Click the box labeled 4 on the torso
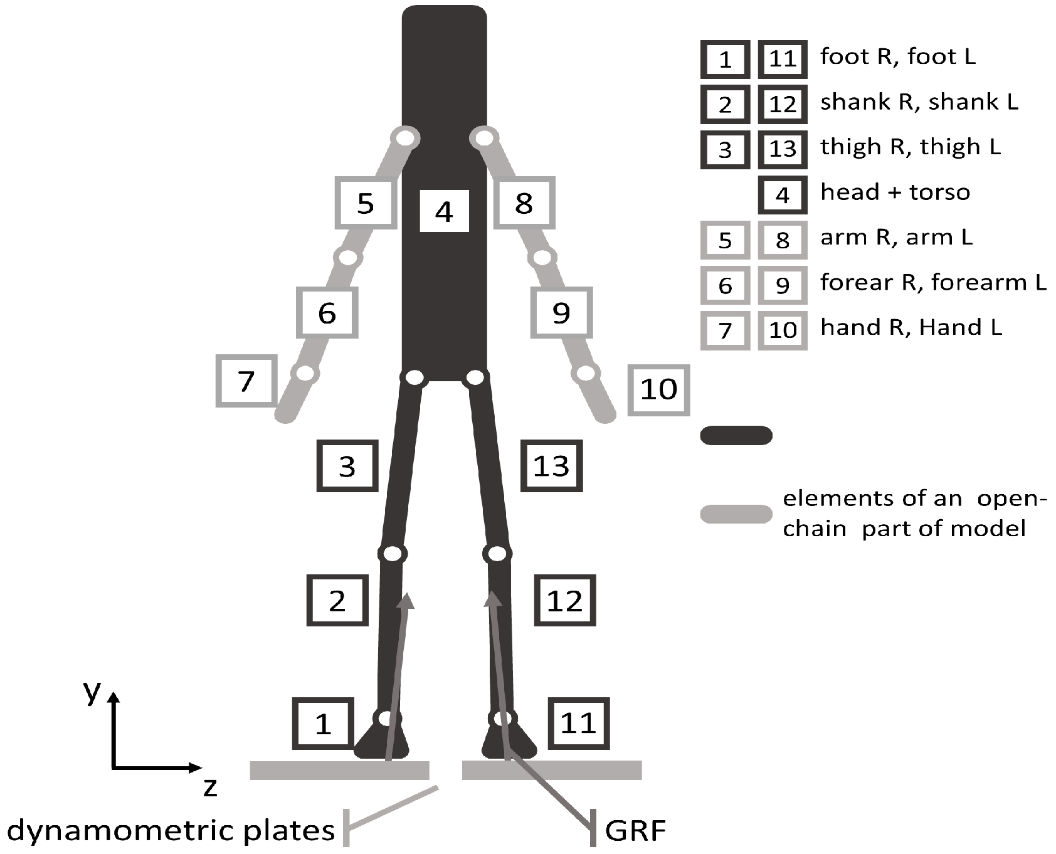click(444, 211)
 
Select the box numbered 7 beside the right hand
click(246, 381)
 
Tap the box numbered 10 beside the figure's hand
click(658, 389)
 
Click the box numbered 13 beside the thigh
click(551, 466)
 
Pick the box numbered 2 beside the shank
click(337, 601)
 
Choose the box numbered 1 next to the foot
click(323, 724)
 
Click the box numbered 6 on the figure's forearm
click(327, 312)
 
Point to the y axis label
click(92, 691)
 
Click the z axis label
click(210, 786)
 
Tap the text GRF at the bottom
click(635, 831)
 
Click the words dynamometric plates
click(171, 831)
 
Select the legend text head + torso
click(895, 192)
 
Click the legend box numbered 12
click(782, 103)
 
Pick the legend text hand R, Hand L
click(911, 327)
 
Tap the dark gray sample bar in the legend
click(736, 435)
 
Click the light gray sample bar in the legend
click(736, 514)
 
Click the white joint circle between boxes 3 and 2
click(393, 554)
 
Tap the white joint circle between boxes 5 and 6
click(348, 257)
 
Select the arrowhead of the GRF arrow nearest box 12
click(493, 599)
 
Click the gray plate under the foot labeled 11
click(552, 770)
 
